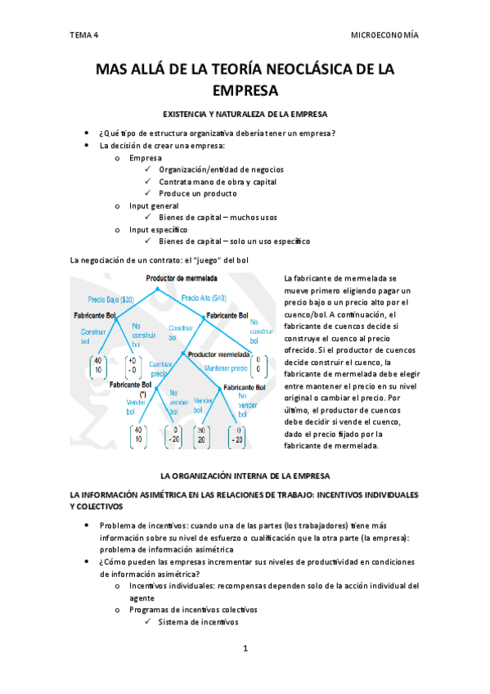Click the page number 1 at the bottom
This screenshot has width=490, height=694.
[245, 648]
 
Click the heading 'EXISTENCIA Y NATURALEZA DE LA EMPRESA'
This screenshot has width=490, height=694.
[245, 114]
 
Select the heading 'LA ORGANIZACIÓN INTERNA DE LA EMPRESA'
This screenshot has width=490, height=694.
[245, 475]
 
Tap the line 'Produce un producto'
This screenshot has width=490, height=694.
[198, 193]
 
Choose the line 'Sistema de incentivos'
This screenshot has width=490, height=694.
[198, 622]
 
